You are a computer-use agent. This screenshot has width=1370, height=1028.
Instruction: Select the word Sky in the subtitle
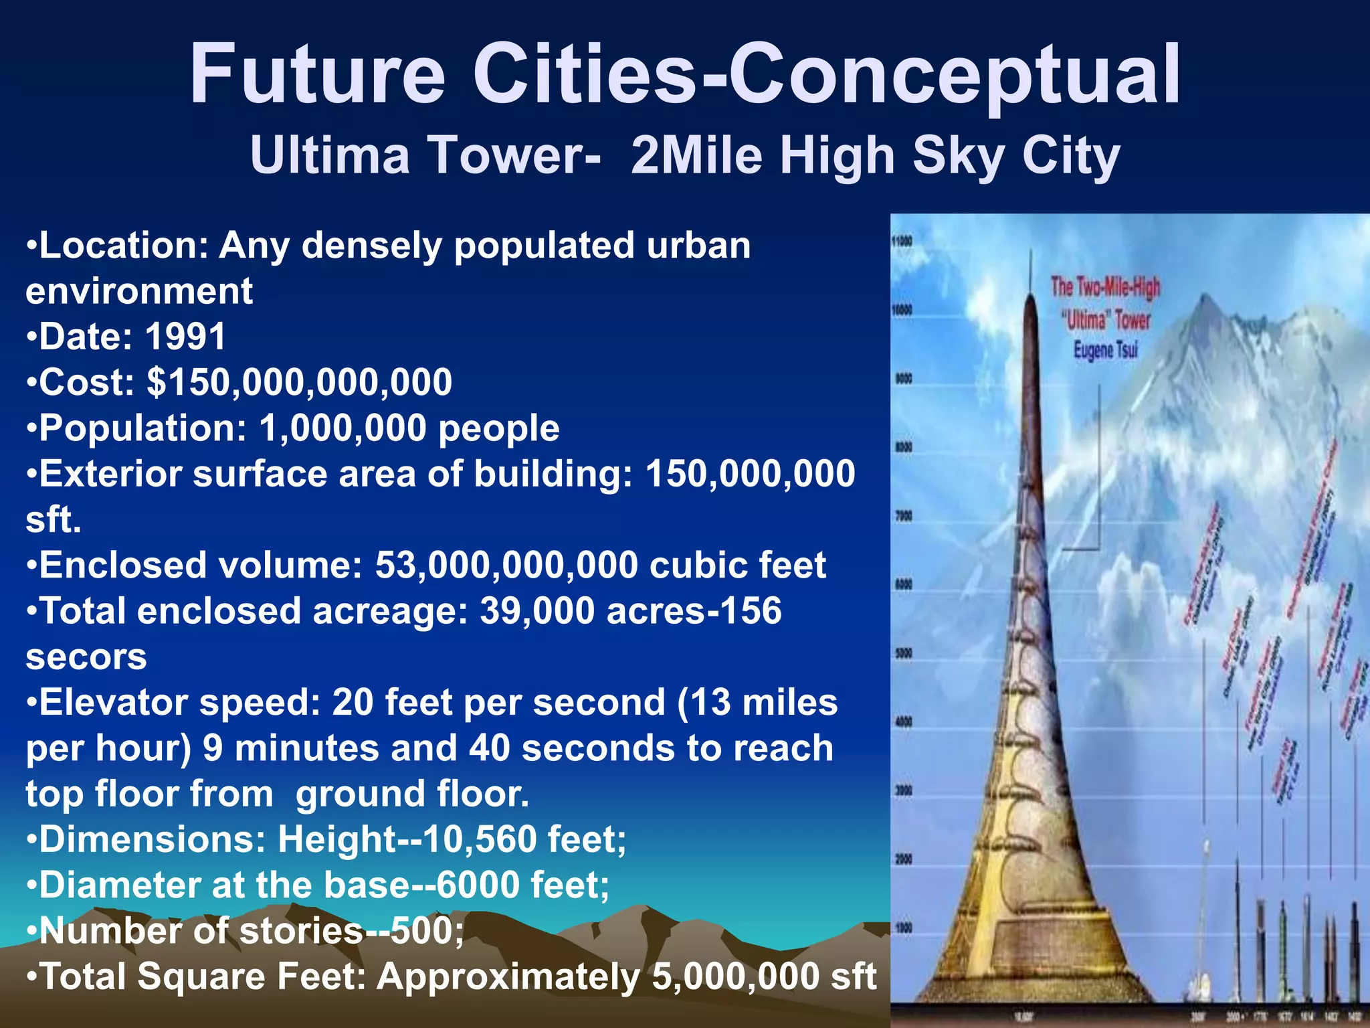[x=959, y=155]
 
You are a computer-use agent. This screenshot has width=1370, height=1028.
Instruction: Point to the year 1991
[x=185, y=336]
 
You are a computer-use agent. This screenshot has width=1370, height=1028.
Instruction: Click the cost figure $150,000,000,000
[x=300, y=382]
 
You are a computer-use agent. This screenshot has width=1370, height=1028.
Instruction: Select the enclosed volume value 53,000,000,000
[x=506, y=565]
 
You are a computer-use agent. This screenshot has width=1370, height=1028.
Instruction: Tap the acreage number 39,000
[x=537, y=610]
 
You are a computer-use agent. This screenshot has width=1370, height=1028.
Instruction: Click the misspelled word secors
[x=86, y=657]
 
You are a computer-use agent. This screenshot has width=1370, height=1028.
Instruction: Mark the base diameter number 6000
[x=478, y=885]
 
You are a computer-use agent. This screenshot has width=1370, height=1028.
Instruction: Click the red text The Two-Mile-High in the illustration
[x=1105, y=287]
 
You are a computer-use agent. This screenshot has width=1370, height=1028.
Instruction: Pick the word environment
[x=139, y=291]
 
